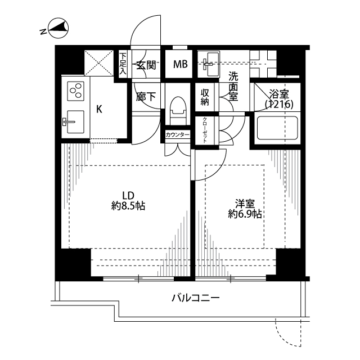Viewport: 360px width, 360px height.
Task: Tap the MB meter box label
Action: (180, 64)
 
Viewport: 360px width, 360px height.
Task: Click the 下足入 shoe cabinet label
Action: (124, 64)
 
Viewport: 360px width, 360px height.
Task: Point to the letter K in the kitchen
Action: (98, 109)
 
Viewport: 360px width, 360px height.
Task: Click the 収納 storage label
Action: (205, 97)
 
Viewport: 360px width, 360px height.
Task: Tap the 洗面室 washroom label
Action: (233, 87)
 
